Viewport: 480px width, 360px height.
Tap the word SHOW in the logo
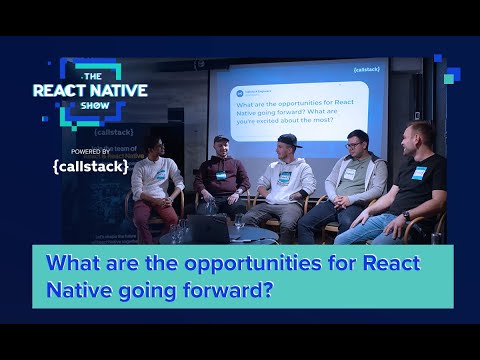pyautogui.click(x=90, y=107)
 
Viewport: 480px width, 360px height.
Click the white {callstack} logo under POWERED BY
pyautogui.click(x=90, y=166)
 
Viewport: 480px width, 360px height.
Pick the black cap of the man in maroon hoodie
pyautogui.click(x=222, y=139)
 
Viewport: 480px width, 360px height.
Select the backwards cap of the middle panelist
pyautogui.click(x=289, y=139)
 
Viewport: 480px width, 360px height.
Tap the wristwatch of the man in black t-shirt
pyautogui.click(x=406, y=215)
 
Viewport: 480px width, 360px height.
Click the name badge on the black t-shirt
pyautogui.click(x=419, y=173)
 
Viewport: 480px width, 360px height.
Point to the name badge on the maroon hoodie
pyautogui.click(x=221, y=176)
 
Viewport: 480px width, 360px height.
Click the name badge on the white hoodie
pyautogui.click(x=285, y=178)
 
